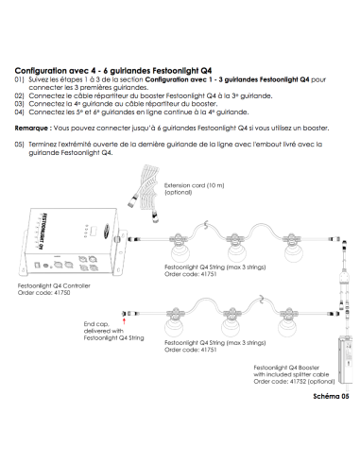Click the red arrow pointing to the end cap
click(125, 321)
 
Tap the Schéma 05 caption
click(331, 396)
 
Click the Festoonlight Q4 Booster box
click(345, 360)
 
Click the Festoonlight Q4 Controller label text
click(54, 285)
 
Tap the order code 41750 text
click(43, 293)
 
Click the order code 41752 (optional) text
click(294, 382)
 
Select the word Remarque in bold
click(31, 129)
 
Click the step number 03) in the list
click(19, 104)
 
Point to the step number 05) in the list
click(19, 145)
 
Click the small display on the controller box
click(94, 231)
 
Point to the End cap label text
click(113, 331)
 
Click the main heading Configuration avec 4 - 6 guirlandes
click(113, 71)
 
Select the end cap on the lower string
click(125, 314)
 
